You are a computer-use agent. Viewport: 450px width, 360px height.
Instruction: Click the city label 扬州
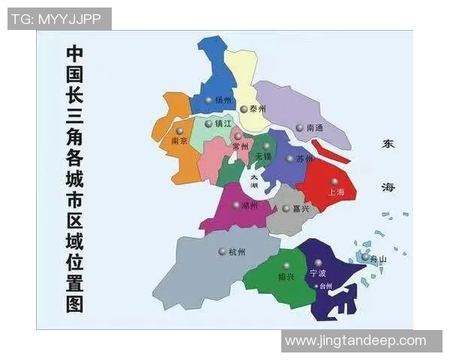tap(223, 100)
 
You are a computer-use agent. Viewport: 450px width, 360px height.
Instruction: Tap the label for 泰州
tap(258, 109)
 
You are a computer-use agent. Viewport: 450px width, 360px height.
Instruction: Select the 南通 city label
tap(315, 128)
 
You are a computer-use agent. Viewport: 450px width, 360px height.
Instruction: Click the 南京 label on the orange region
tap(179, 140)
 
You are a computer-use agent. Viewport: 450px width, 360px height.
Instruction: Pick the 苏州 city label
tap(304, 159)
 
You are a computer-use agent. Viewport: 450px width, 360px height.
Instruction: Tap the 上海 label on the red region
tap(336, 192)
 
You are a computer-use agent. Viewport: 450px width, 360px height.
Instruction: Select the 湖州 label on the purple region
tap(249, 205)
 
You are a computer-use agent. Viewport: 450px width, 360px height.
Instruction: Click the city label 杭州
tap(237, 252)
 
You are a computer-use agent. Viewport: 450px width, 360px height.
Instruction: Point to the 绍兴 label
tap(285, 276)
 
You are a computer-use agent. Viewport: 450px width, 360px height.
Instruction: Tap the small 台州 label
tap(325, 286)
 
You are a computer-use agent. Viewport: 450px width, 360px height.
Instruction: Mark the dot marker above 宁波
tap(318, 263)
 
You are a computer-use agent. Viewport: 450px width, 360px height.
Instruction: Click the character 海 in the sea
tap(388, 187)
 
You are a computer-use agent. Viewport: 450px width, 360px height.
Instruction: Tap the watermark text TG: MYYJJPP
tap(59, 19)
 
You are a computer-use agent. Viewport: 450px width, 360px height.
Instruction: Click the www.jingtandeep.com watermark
tap(355, 341)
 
